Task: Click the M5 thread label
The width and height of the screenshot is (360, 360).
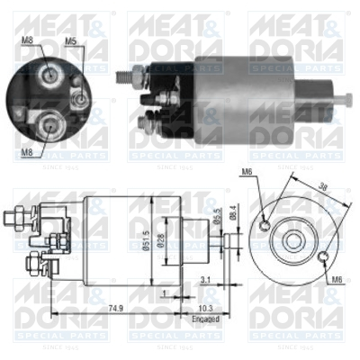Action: click(70, 40)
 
